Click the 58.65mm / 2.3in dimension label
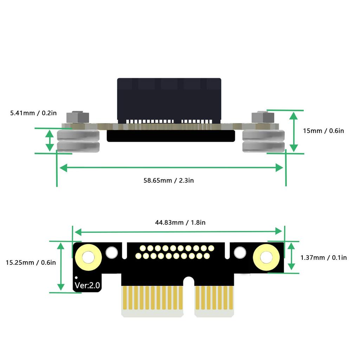(168, 180)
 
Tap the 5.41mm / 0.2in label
(33, 113)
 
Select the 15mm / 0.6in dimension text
(323, 131)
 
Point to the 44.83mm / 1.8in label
(180, 223)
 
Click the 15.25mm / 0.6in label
(31, 262)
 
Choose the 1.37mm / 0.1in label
(323, 258)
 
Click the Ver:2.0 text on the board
(87, 285)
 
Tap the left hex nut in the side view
(78, 117)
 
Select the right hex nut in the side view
(263, 117)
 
